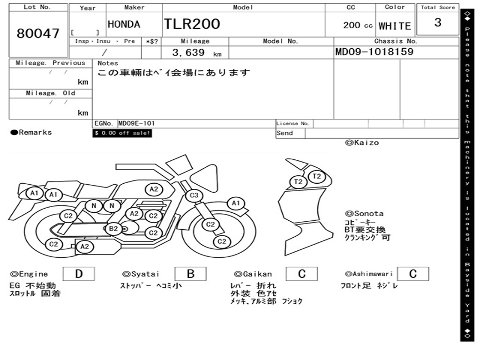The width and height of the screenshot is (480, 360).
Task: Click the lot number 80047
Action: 38,33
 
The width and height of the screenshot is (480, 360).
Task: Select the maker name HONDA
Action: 124,24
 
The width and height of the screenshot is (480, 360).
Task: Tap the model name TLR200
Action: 192,24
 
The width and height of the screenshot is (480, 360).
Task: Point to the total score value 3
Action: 438,22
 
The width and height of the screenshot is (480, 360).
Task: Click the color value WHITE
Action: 395,26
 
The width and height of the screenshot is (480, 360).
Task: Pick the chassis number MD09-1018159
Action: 375,52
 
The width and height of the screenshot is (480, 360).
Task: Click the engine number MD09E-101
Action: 136,123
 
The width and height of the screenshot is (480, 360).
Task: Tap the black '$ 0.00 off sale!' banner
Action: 122,133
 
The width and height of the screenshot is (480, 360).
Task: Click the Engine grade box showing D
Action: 79,274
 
